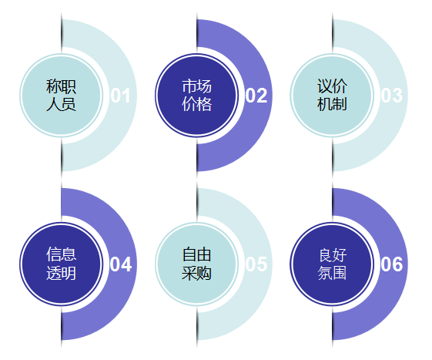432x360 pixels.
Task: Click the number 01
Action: point(120,96)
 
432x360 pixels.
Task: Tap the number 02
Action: point(256,96)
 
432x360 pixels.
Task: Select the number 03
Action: point(391,96)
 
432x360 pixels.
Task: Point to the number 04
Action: point(121,264)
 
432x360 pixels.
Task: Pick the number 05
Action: point(256,264)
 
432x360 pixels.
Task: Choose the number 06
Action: point(391,264)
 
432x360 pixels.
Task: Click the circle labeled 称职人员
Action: point(61,96)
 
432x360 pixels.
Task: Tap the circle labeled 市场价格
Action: point(196,96)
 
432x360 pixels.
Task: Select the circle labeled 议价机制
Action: point(332,96)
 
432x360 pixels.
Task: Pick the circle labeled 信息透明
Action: point(61,264)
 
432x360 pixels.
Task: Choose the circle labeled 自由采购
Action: point(196,264)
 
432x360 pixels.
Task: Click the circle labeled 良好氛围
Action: point(332,264)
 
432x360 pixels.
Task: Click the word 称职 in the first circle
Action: point(61,86)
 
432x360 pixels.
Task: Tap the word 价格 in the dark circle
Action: point(196,104)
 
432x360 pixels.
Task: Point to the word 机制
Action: point(332,104)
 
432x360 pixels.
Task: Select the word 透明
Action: point(61,273)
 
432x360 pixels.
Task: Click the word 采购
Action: point(196,273)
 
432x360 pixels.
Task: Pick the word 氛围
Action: point(332,273)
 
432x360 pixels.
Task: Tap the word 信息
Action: point(61,254)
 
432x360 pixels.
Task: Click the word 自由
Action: point(196,254)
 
